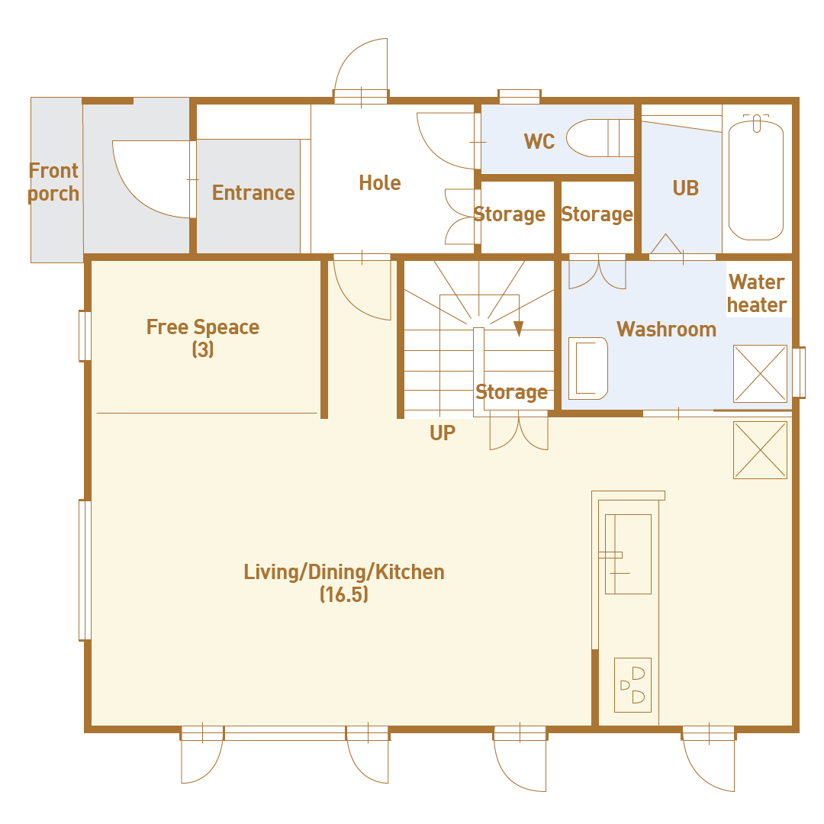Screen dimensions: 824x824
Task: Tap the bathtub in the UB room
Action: click(x=756, y=178)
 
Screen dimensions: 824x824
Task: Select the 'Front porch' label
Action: click(x=53, y=182)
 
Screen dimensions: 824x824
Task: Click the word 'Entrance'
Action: click(x=253, y=193)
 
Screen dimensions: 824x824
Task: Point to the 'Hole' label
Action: click(x=380, y=183)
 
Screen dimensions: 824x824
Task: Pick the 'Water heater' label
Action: click(x=757, y=294)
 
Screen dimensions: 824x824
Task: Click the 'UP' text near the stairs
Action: click(x=443, y=433)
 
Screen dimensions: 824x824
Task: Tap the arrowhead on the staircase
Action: click(x=519, y=329)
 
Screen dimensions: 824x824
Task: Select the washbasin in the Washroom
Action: click(x=588, y=369)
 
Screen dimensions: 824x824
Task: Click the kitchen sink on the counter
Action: click(x=628, y=554)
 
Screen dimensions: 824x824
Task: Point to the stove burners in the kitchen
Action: click(x=632, y=684)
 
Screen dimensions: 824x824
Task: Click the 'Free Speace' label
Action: click(x=203, y=327)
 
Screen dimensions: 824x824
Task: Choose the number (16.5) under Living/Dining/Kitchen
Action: click(x=344, y=594)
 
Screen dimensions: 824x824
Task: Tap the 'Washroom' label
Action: click(x=666, y=330)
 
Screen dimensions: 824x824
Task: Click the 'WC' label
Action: click(x=539, y=141)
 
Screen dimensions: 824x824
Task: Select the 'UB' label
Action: click(x=686, y=188)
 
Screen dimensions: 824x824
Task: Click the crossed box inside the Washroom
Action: click(x=760, y=374)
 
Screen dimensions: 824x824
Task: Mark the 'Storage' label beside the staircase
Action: click(x=511, y=392)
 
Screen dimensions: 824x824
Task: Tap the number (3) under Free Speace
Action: click(x=203, y=349)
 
